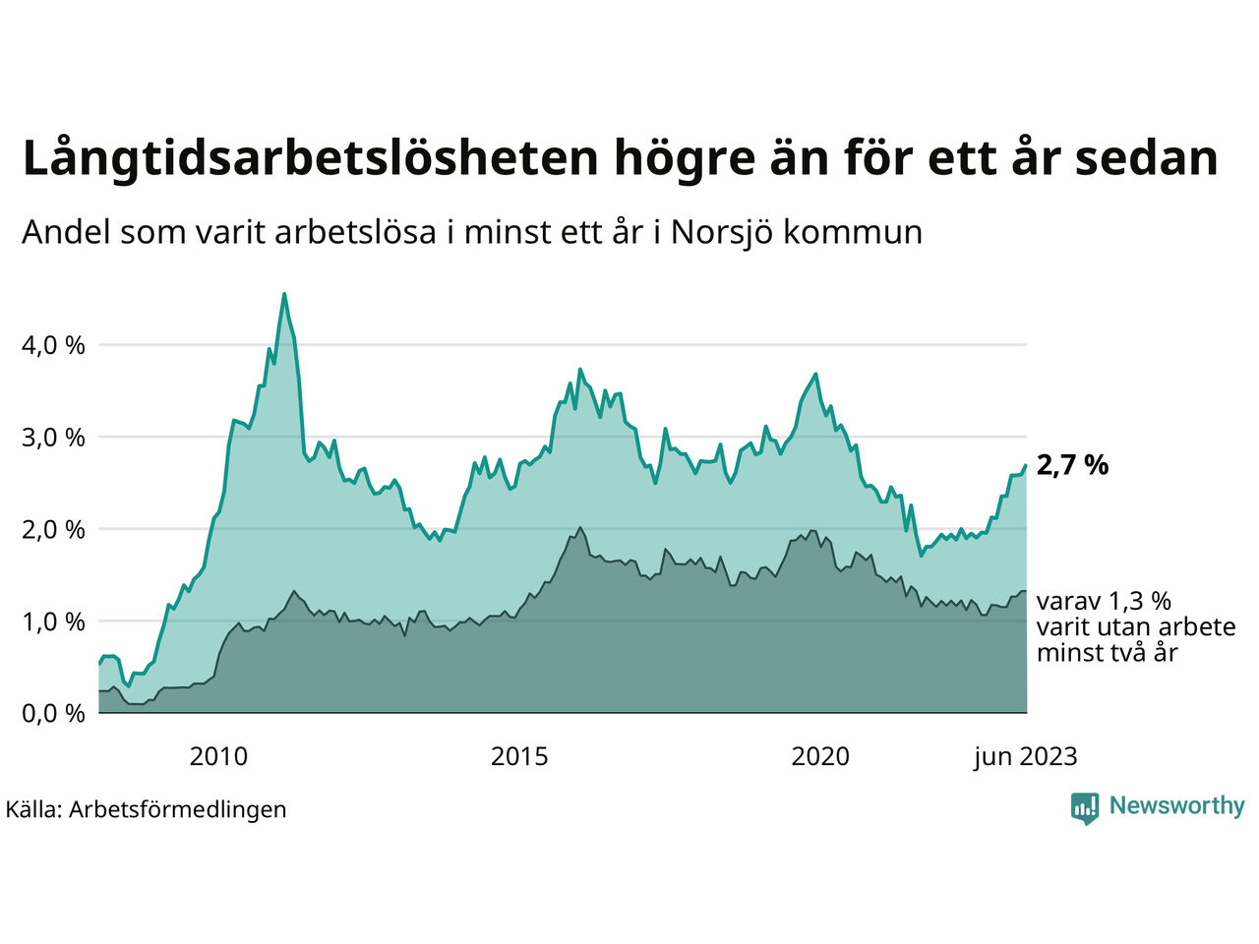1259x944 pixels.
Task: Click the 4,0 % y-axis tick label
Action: [x=52, y=345]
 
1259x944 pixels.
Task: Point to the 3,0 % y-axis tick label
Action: [x=52, y=437]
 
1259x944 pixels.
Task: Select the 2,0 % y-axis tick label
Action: [x=52, y=529]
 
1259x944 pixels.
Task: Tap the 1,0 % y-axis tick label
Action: [x=52, y=621]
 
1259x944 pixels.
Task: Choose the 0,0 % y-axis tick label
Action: [x=52, y=713]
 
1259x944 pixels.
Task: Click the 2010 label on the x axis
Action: [x=218, y=756]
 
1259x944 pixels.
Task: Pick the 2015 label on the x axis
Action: [x=519, y=756]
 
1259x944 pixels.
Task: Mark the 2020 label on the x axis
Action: [x=820, y=756]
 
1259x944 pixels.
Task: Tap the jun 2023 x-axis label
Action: [x=1025, y=756]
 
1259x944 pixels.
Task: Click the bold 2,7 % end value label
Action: [x=1072, y=465]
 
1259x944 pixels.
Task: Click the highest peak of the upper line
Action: [x=284, y=294]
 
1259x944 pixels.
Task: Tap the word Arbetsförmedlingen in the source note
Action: [x=178, y=809]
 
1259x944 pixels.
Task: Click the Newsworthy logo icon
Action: [x=1085, y=807]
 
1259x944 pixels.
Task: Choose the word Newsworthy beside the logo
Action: [x=1176, y=806]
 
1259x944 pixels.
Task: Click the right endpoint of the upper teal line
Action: [x=1026, y=465]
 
